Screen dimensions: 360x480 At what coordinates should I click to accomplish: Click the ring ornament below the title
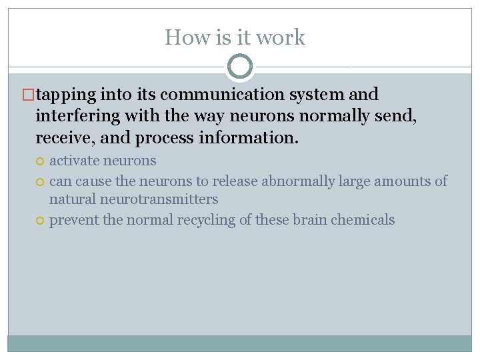coord(240,67)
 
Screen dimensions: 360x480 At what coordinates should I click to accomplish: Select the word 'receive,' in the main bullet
coord(65,138)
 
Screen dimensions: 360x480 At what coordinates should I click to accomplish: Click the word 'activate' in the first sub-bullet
coord(74,161)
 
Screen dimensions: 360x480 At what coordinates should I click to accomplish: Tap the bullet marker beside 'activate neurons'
coord(41,161)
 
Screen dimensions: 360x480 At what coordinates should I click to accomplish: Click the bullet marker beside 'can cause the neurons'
coord(41,181)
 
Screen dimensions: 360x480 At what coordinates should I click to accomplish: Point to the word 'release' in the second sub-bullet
coord(236,181)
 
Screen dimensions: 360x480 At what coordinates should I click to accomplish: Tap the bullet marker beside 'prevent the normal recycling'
coord(41,221)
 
